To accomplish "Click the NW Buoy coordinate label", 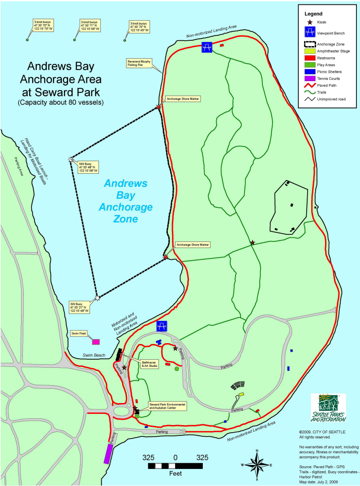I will point(88,167).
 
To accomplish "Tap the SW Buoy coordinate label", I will point(80,307).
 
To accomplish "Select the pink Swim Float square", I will point(95,342).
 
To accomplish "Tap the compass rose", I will point(257,464).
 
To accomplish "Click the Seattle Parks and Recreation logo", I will point(328,408).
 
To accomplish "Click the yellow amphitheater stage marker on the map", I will point(241,394).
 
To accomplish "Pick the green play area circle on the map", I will point(177,369).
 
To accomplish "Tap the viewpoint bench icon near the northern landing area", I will point(207,47).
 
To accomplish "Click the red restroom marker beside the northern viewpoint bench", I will point(222,45).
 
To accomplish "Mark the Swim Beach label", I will point(94,355).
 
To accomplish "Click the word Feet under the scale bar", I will point(175,473).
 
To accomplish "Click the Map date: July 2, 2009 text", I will point(317,482).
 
